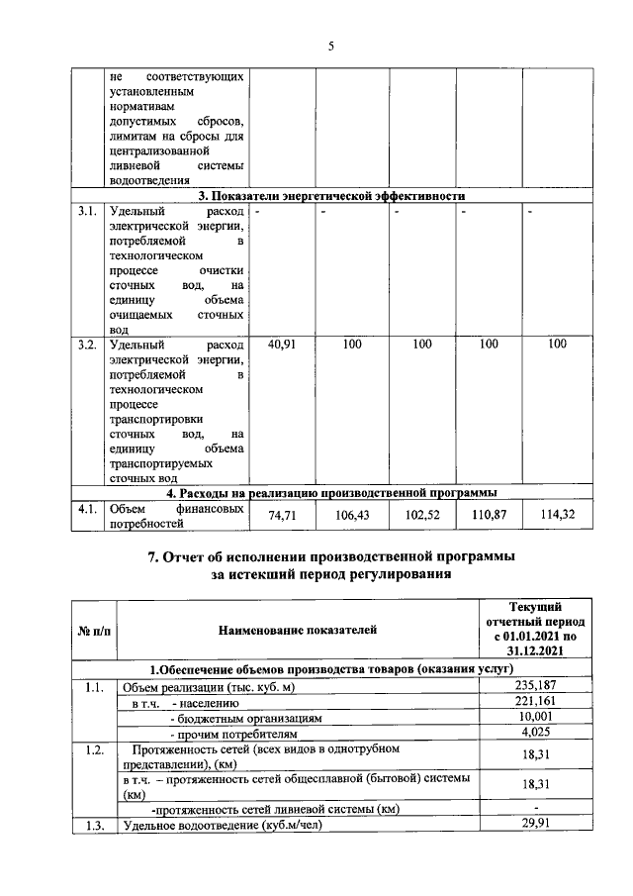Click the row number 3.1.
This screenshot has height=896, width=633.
[x=87, y=211]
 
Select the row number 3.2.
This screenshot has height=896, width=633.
[x=87, y=345]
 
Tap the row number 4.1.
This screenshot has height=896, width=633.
[x=87, y=509]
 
